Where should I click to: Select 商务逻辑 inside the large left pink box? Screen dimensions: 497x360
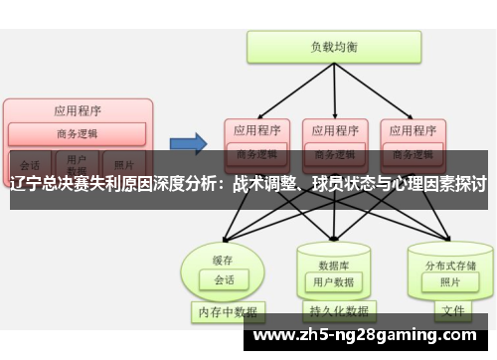(x=78, y=134)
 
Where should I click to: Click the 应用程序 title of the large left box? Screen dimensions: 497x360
(x=78, y=110)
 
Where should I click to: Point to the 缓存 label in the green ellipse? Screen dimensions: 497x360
(x=221, y=261)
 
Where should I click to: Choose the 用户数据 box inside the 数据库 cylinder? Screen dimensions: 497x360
(x=333, y=282)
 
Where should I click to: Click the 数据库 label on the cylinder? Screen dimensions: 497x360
(x=333, y=265)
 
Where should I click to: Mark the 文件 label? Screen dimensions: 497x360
(x=453, y=311)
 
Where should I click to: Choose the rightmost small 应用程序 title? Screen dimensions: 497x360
(x=410, y=129)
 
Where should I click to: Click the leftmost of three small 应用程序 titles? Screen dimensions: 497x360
(x=256, y=129)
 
